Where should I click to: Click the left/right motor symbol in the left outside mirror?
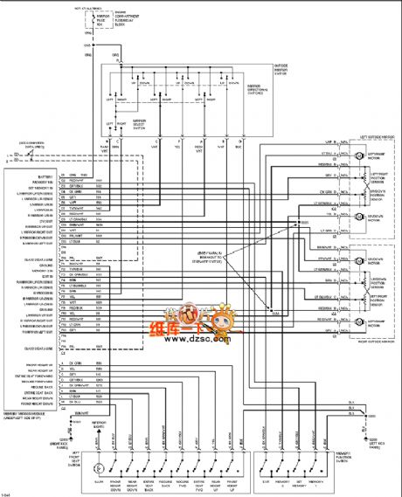tap(358, 155)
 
